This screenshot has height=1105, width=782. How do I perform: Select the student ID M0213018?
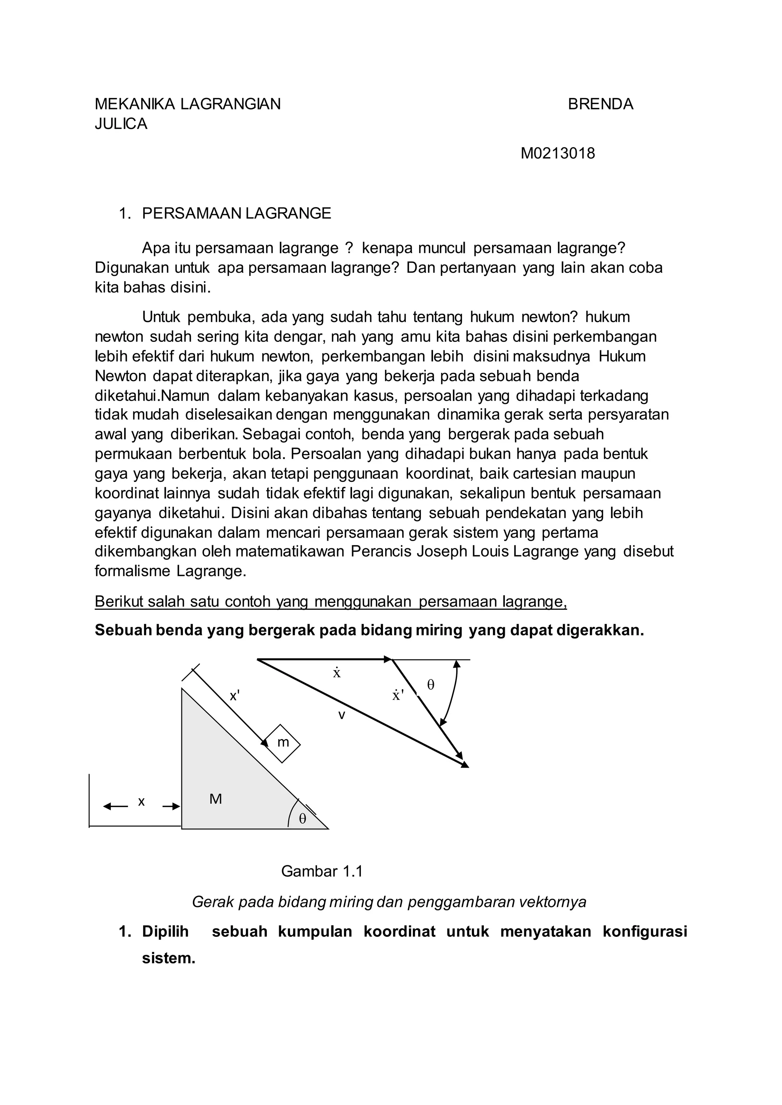click(557, 153)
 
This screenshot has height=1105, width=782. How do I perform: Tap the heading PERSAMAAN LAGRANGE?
click(236, 213)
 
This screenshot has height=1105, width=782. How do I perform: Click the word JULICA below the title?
click(121, 124)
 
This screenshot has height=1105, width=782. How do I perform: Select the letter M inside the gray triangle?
click(215, 799)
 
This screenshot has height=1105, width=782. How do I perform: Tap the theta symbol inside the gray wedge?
click(302, 819)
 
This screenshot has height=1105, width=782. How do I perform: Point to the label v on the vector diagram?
click(341, 715)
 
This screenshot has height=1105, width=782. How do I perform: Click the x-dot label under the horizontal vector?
click(336, 673)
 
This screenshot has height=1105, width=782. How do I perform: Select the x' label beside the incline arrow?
click(234, 696)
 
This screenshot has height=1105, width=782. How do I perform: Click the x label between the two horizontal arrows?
click(141, 802)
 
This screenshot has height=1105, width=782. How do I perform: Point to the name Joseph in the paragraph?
click(436, 551)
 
